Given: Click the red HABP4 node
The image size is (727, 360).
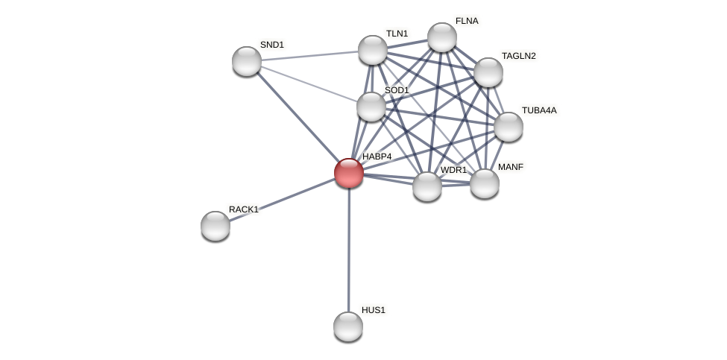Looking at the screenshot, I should pyautogui.click(x=349, y=173).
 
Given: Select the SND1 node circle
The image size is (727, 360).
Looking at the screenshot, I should pyautogui.click(x=247, y=61).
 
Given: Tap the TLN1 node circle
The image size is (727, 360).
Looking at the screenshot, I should pyautogui.click(x=373, y=50).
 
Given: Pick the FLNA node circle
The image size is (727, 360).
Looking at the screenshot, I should pyautogui.click(x=442, y=37).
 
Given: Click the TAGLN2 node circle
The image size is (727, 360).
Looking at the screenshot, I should pyautogui.click(x=488, y=72).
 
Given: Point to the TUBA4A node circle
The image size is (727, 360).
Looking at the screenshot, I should pyautogui.click(x=509, y=127).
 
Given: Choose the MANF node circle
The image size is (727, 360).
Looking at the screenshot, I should pyautogui.click(x=485, y=183).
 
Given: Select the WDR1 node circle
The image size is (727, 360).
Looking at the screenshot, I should pyautogui.click(x=427, y=186).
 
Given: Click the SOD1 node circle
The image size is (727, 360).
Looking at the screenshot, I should pyautogui.click(x=371, y=107).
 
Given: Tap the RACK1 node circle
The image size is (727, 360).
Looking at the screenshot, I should pyautogui.click(x=215, y=226).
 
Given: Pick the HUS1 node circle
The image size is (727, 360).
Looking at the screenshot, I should pyautogui.click(x=348, y=326).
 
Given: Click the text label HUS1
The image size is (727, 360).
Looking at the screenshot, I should pyautogui.click(x=374, y=310).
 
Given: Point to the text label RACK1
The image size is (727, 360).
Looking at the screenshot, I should pyautogui.click(x=244, y=209).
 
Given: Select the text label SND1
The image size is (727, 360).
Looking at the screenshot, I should pyautogui.click(x=272, y=45).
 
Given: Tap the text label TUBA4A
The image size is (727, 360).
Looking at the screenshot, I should pyautogui.click(x=539, y=110).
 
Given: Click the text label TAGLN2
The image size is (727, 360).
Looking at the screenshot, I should pyautogui.click(x=519, y=56).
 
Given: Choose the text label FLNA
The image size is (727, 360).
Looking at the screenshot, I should pyautogui.click(x=467, y=21).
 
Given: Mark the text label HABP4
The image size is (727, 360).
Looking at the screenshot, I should pyautogui.click(x=377, y=157).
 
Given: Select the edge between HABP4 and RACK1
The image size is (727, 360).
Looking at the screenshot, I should pyautogui.click(x=282, y=199).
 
